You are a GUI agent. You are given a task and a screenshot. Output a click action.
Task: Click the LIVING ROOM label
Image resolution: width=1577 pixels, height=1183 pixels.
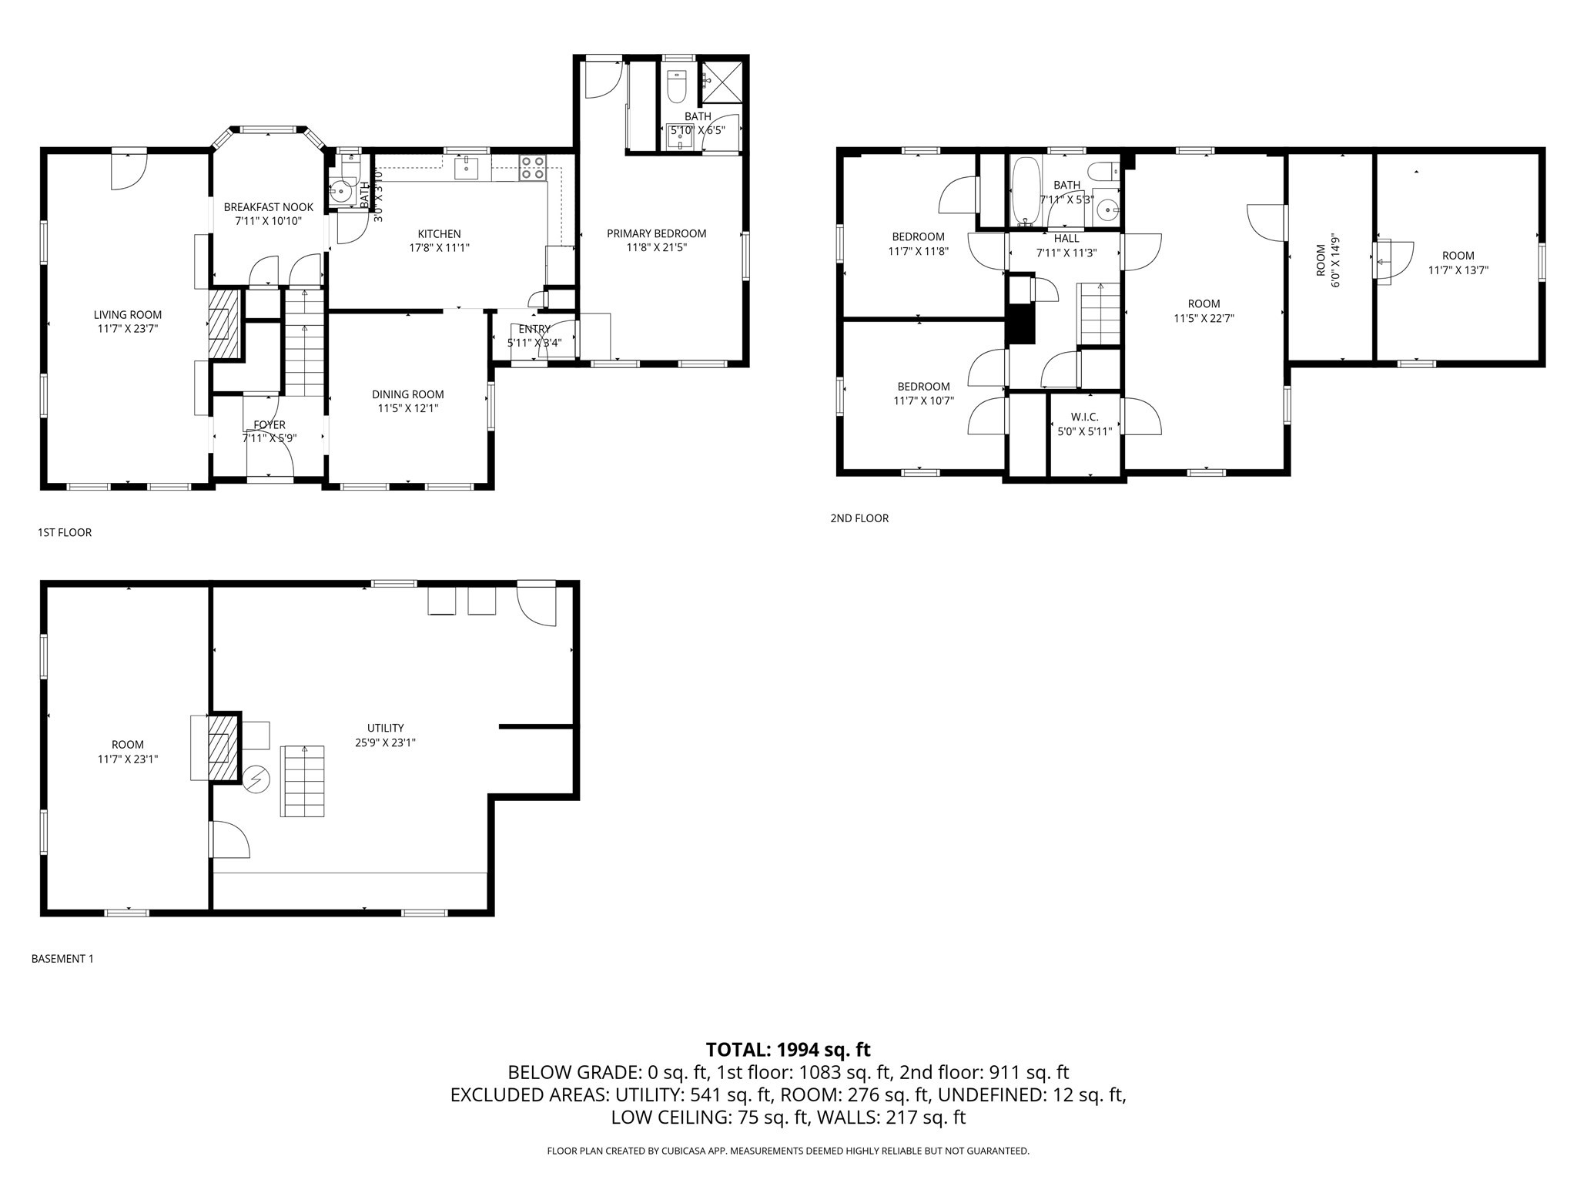(128, 314)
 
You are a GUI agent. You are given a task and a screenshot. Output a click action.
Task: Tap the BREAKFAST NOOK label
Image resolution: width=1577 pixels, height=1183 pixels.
(269, 207)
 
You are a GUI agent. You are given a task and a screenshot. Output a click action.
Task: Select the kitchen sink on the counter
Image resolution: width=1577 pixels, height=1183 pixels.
(467, 167)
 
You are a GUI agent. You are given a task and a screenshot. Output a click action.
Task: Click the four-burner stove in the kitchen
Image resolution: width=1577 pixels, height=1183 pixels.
(533, 168)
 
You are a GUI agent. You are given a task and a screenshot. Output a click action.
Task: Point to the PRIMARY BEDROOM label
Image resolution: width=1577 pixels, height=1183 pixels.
(656, 233)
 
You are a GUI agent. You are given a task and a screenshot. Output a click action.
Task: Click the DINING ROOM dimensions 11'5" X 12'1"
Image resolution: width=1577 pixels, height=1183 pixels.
(408, 408)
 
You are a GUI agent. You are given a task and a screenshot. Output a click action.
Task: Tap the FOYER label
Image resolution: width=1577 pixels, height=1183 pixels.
(270, 424)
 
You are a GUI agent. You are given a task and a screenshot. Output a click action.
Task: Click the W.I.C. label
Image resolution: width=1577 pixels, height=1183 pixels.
(1084, 417)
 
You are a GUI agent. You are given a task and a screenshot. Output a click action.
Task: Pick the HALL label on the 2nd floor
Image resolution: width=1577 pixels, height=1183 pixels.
(1066, 239)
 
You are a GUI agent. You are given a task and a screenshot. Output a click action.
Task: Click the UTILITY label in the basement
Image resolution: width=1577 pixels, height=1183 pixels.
(385, 728)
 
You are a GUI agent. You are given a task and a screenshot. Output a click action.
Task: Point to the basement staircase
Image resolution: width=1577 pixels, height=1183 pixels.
(303, 781)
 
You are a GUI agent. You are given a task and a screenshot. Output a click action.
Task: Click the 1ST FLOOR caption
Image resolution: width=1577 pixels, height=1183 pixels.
(65, 532)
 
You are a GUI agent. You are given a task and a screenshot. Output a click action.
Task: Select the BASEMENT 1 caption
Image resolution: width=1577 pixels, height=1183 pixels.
(62, 959)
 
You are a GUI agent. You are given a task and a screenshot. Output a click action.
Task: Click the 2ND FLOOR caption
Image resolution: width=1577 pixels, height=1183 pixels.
(859, 518)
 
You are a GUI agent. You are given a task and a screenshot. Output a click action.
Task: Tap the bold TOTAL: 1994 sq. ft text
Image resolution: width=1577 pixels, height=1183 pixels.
(788, 1049)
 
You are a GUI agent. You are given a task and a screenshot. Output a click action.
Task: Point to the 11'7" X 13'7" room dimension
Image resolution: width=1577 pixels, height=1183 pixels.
(1458, 270)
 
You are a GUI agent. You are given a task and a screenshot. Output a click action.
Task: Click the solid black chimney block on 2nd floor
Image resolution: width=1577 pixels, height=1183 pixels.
(1022, 323)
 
